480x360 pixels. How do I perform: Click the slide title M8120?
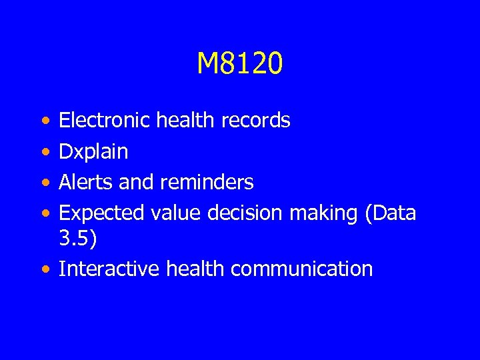coord(240,64)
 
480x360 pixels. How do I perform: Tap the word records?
coord(256,121)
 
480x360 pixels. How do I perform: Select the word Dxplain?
coord(93,152)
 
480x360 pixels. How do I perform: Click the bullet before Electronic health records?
coord(43,121)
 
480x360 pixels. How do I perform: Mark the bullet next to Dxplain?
coord(43,152)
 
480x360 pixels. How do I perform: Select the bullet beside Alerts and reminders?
coord(43,183)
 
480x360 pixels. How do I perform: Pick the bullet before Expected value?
coord(43,213)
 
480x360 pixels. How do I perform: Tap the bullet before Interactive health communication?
coord(43,269)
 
